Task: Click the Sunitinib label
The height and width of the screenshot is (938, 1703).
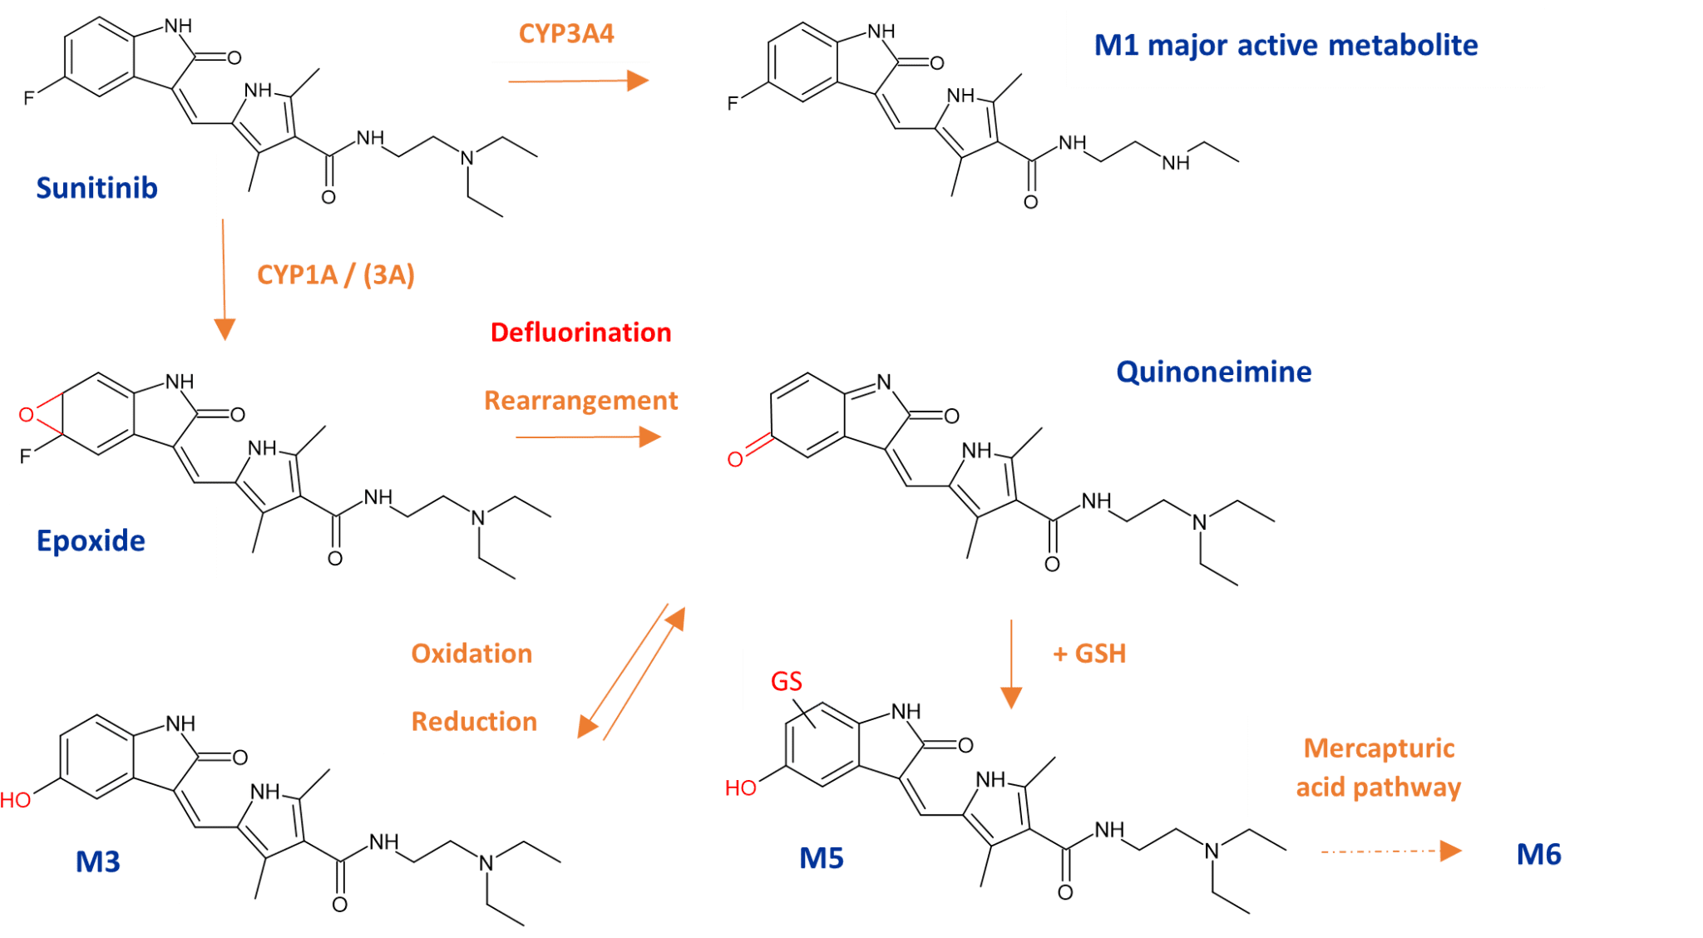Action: [96, 189]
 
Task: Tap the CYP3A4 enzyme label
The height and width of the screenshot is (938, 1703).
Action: [566, 34]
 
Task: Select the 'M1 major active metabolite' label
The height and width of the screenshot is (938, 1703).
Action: [1286, 46]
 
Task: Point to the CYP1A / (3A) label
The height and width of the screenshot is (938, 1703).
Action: [335, 275]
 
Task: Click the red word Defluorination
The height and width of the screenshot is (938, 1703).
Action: [580, 333]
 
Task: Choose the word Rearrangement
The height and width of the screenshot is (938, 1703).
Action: [580, 401]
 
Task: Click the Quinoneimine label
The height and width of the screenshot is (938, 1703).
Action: [1213, 372]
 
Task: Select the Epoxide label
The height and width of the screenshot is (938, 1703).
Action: [91, 541]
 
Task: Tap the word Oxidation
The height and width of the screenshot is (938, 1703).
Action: [471, 654]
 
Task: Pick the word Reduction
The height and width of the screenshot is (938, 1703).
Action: [474, 722]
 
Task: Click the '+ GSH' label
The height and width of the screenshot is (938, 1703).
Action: [1089, 654]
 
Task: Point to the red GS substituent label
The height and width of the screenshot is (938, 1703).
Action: [786, 682]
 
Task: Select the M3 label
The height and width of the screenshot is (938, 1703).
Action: [98, 862]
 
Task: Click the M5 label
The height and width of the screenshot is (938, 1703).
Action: [822, 858]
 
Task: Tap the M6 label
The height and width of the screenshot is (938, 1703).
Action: [1538, 855]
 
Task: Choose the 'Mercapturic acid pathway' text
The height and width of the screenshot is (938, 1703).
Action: [1379, 768]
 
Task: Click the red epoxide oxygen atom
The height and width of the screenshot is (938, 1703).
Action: [27, 414]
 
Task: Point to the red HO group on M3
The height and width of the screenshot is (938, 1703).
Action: [15, 801]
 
